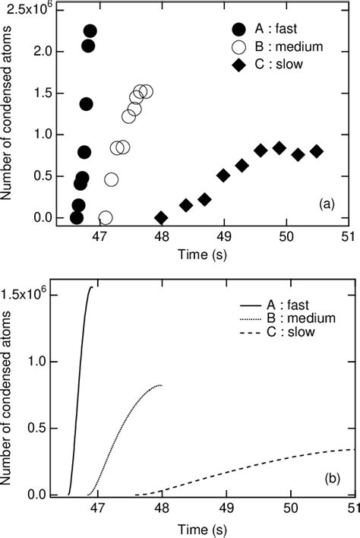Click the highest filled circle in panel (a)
[90, 31]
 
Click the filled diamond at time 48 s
[161, 217]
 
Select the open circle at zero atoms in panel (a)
[106, 218]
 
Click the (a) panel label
[327, 204]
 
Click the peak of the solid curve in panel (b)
[92, 287]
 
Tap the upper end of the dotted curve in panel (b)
[161, 385]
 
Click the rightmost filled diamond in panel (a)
[317, 151]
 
